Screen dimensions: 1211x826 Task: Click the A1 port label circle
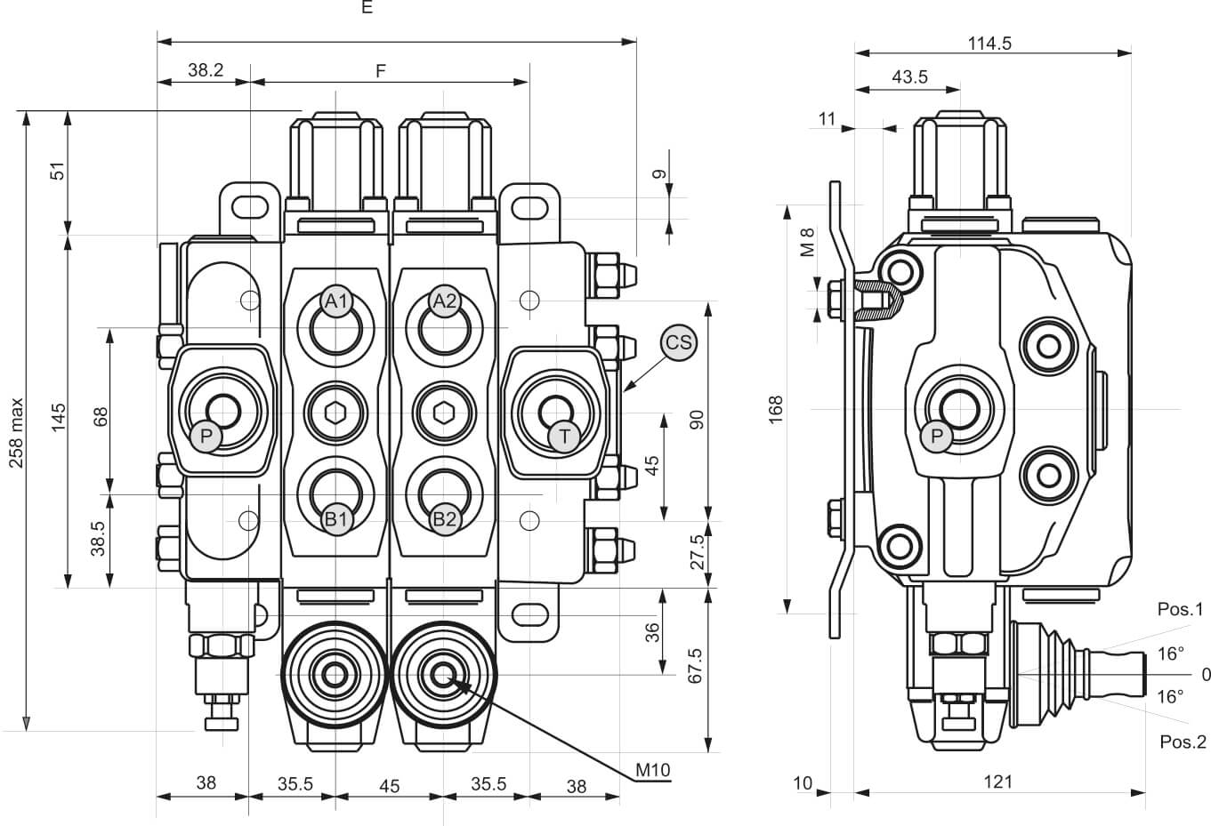[336, 301]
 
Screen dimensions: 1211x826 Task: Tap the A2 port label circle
[445, 301]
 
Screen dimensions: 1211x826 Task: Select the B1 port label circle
[336, 519]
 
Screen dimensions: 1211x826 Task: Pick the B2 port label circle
[445, 519]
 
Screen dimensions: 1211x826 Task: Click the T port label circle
[564, 436]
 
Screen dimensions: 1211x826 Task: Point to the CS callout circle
[679, 342]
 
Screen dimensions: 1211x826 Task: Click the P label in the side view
[936, 436]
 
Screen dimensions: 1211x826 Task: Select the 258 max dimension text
[17, 432]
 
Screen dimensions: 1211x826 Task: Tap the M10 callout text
[653, 770]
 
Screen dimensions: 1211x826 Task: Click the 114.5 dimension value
[989, 44]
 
